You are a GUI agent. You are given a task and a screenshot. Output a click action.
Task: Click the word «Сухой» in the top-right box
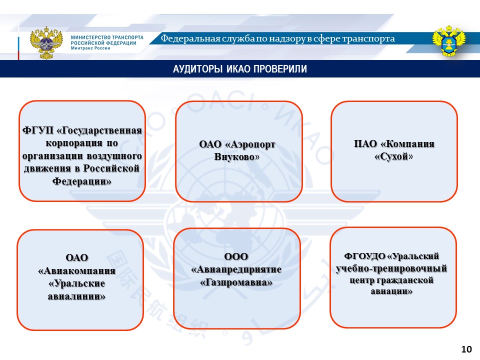point(394,156)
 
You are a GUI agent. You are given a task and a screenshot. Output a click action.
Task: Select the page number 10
point(466,348)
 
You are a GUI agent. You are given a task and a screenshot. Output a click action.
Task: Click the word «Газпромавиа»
point(236,282)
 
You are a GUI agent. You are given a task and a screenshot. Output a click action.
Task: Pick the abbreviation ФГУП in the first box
point(38,130)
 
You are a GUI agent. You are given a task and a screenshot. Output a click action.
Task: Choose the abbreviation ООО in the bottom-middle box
point(236,257)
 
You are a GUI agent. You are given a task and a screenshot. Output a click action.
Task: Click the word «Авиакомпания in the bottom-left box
point(77,270)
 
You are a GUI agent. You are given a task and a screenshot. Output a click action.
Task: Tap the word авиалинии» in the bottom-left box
point(77,296)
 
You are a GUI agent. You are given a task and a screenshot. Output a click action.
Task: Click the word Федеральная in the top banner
point(187,39)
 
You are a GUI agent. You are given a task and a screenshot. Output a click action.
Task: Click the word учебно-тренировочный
point(391,269)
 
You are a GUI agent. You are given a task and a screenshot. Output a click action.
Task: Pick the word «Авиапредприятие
point(236,270)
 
